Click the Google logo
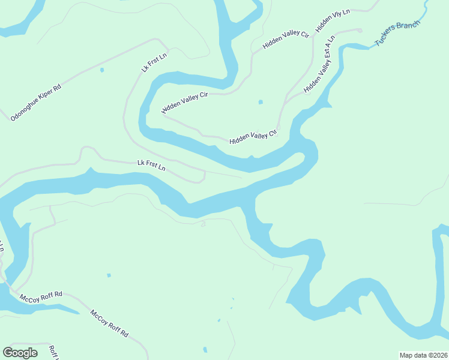(x=20, y=353)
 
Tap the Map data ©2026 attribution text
(x=423, y=355)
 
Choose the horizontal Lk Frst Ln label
(x=151, y=165)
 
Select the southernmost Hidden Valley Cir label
(x=253, y=137)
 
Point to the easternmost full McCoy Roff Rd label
(x=110, y=323)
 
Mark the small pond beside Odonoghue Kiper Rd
(x=101, y=70)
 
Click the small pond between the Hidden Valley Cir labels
(x=260, y=102)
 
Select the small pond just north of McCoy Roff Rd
(x=109, y=275)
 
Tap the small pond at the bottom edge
(x=205, y=349)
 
